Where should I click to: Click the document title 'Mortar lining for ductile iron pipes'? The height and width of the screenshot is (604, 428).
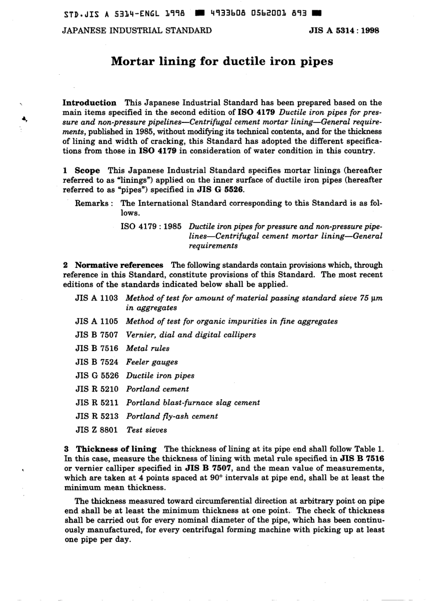[222, 61]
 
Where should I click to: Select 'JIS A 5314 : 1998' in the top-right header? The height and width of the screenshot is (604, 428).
[344, 31]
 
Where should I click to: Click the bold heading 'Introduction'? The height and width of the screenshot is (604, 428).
[89, 103]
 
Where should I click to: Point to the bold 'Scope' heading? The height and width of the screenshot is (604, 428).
[87, 170]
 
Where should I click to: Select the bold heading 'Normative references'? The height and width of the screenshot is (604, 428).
[119, 265]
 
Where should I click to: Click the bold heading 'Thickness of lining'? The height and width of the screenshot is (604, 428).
[116, 449]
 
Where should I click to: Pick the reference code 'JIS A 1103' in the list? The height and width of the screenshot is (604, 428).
[96, 298]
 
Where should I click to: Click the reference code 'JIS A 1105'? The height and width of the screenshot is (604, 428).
[96, 321]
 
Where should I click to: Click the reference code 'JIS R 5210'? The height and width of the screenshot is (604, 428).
[96, 389]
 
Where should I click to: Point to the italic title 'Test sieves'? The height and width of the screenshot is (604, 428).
[146, 430]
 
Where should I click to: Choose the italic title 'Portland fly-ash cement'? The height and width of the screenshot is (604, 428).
[172, 416]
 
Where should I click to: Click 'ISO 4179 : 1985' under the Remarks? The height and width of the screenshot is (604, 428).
[151, 226]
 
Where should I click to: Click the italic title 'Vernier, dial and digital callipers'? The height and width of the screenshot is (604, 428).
[191, 335]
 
